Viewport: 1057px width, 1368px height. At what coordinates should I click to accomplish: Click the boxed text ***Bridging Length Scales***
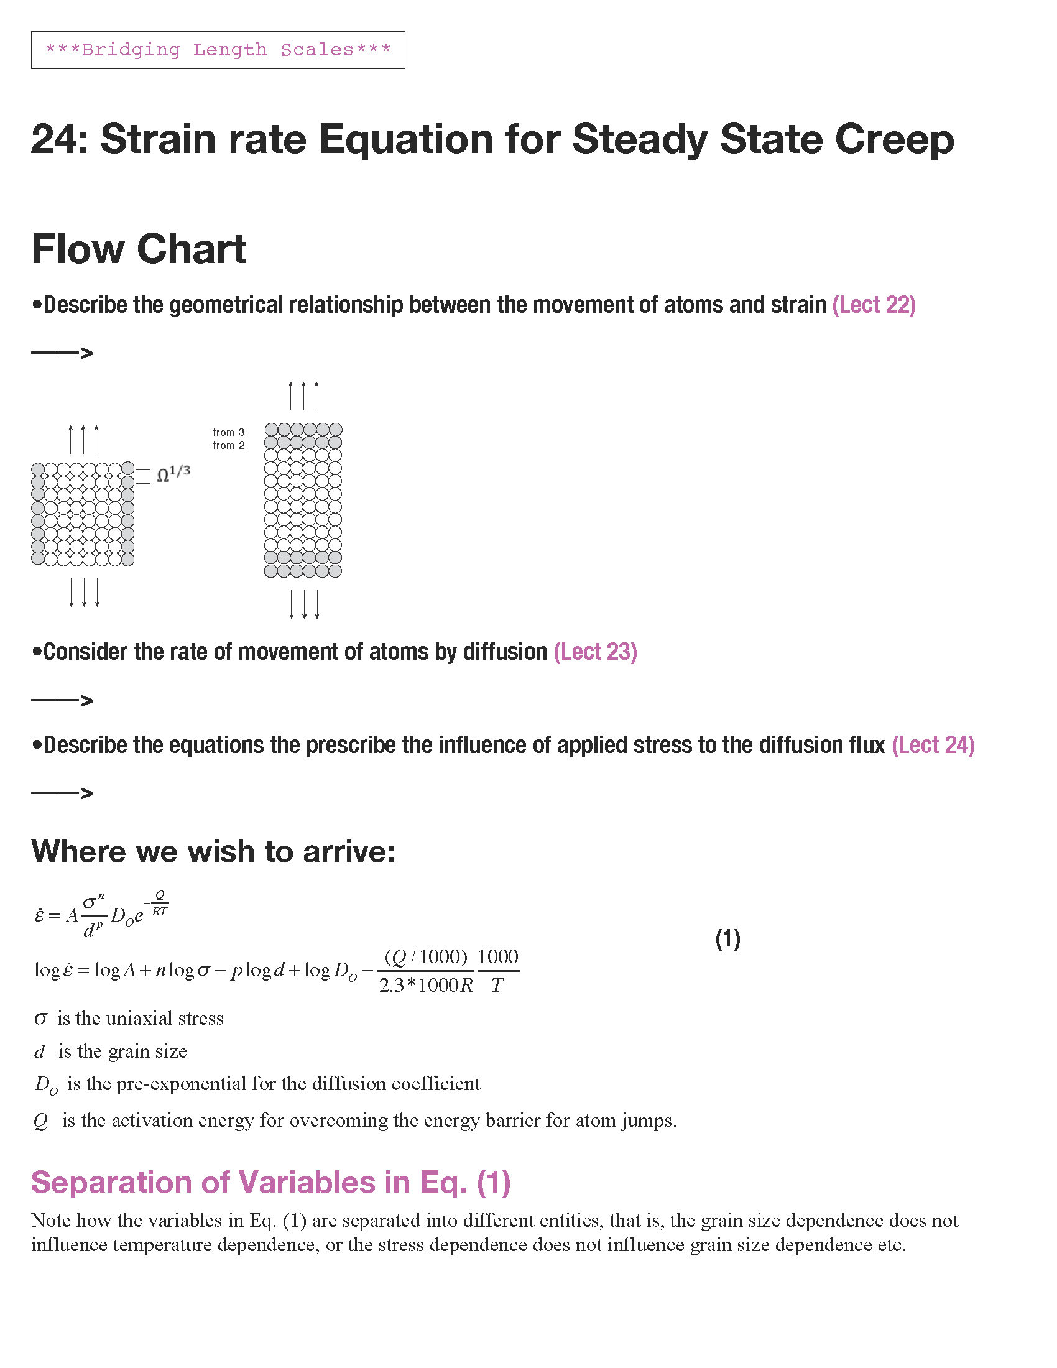point(218,50)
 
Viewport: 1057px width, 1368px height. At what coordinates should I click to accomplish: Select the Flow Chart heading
point(139,249)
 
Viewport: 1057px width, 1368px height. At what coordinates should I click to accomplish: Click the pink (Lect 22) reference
point(874,305)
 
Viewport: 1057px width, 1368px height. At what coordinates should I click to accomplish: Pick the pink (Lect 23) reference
point(595,652)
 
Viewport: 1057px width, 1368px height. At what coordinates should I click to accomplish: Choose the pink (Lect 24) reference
point(933,746)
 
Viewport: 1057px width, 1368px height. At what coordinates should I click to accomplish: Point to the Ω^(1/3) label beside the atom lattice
point(173,474)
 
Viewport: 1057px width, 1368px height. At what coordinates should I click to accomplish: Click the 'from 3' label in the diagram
point(229,432)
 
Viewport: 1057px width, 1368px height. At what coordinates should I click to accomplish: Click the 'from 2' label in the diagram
point(229,445)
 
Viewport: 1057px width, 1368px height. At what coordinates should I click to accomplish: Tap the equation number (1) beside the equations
point(727,939)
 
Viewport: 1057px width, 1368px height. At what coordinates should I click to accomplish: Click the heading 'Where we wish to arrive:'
point(213,852)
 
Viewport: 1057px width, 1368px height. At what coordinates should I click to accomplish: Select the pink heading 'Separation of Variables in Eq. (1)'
point(271,1183)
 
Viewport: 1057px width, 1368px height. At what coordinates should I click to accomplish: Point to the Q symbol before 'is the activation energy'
point(40,1121)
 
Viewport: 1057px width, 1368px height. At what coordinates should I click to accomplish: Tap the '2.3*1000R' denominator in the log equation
point(426,986)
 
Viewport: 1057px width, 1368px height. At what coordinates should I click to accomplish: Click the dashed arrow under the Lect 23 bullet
point(62,700)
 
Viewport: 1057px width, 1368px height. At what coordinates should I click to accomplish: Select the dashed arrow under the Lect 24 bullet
point(62,793)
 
